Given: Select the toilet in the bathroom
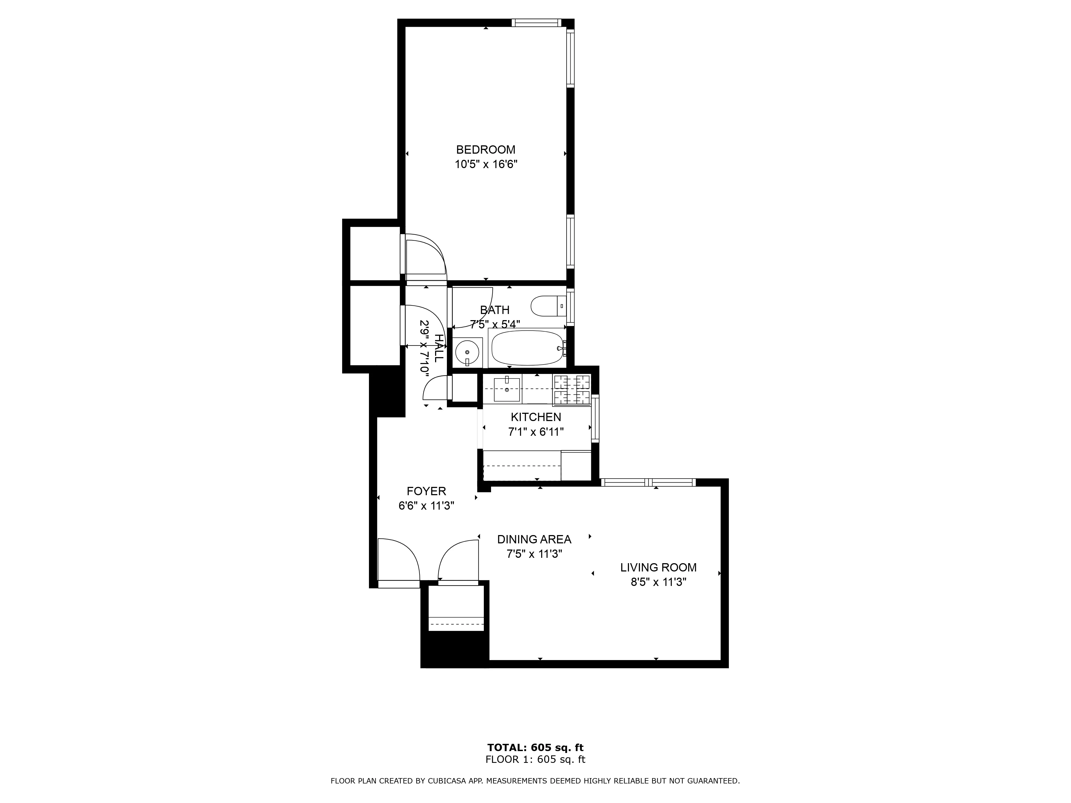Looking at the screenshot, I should coord(547,306).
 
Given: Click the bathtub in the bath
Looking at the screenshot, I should coord(527,348).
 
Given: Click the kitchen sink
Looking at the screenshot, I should coord(507,390).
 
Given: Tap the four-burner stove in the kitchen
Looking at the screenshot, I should coord(572,390).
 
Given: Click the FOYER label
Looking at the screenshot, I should coord(426,491).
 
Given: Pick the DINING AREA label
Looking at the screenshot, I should coord(534,539).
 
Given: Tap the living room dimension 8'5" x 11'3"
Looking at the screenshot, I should coord(658,582).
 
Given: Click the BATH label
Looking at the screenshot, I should coord(494,310).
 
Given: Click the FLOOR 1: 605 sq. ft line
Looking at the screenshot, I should coord(535,759).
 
